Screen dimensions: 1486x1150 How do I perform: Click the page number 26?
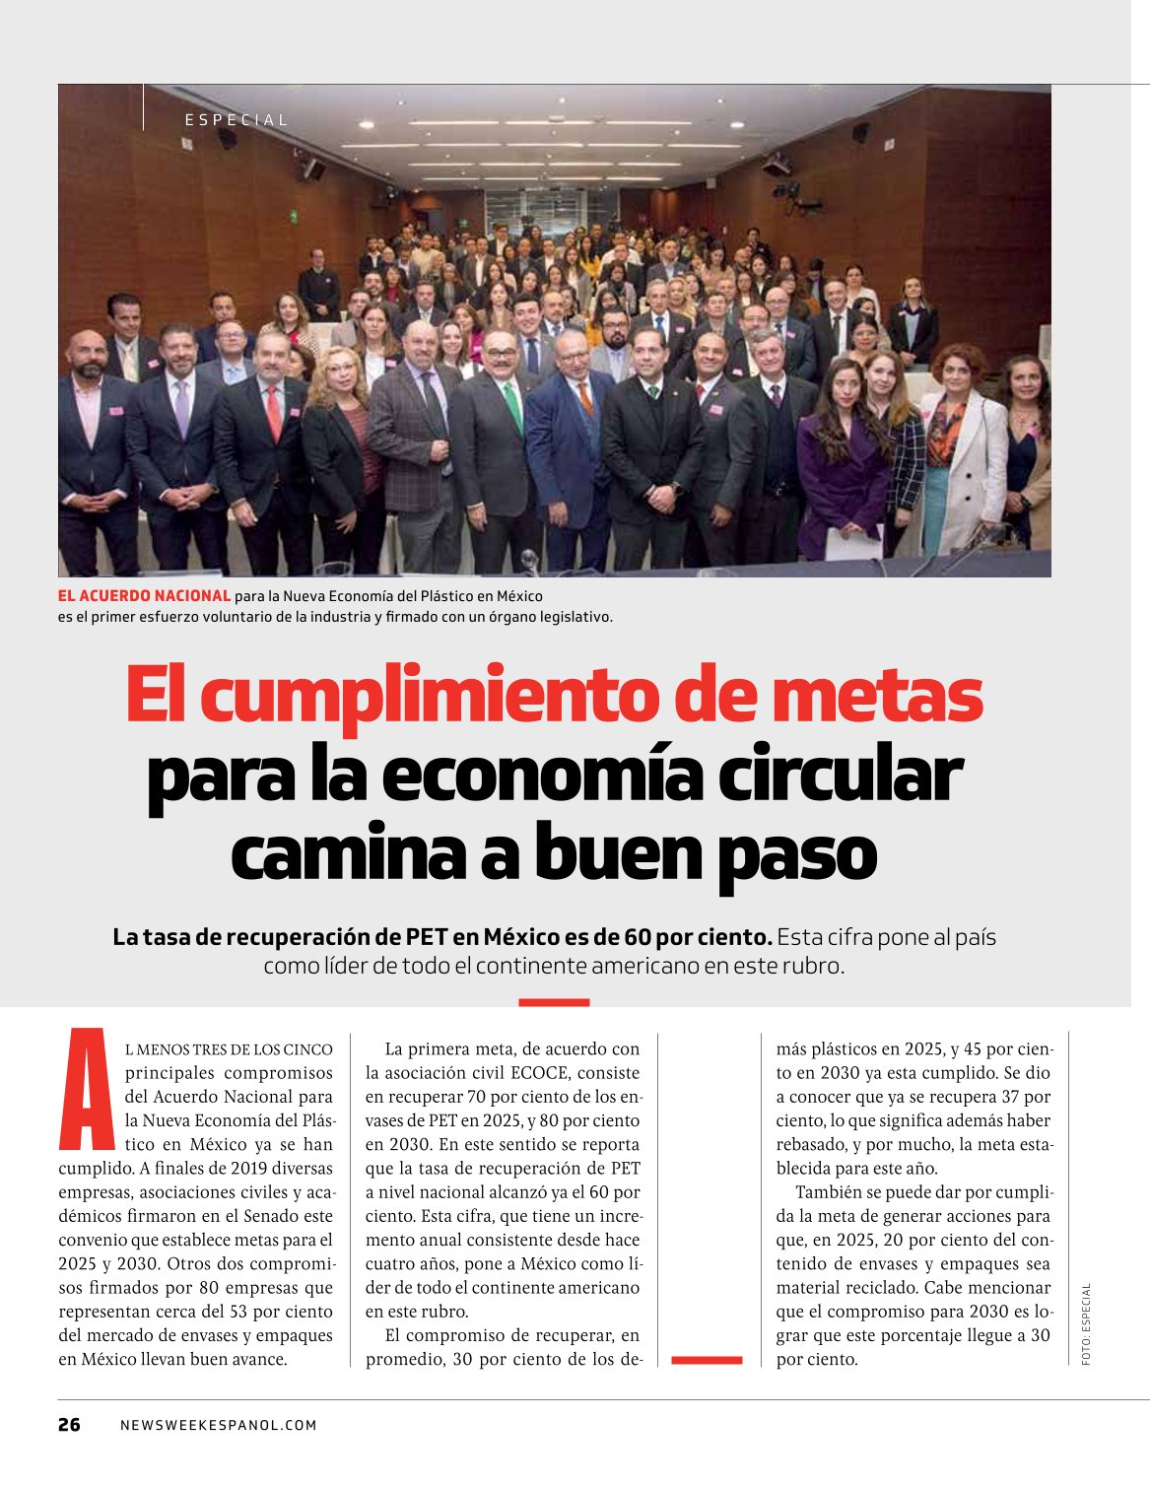pos(69,1424)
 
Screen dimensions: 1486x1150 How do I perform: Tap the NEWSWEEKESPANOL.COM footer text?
pos(219,1425)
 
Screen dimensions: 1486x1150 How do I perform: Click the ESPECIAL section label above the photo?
pos(237,120)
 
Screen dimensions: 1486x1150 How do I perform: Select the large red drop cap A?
pos(88,1090)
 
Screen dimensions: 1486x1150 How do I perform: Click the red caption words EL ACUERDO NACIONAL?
pos(145,596)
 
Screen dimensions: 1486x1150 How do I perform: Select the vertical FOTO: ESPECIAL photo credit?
pos(1086,1323)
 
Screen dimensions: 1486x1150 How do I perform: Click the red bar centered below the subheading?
pos(554,1002)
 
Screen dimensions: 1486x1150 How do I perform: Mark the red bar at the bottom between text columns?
pos(707,1360)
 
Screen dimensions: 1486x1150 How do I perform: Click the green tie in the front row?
pos(512,404)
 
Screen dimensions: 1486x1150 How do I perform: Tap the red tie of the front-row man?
pos(274,412)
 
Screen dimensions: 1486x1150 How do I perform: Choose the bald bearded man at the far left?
pos(91,434)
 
